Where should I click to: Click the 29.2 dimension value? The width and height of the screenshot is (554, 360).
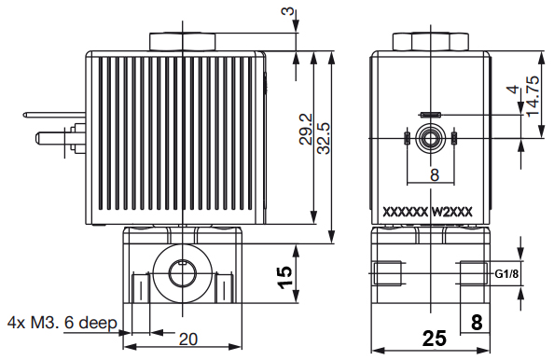coord(306,130)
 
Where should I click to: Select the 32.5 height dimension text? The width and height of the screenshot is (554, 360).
coord(324,138)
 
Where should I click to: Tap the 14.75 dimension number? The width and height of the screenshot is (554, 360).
coord(533,96)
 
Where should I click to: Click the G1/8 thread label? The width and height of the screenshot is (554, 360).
coord(506,274)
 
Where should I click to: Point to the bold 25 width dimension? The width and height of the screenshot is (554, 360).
coord(435,339)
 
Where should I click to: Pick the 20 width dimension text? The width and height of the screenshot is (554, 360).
coord(188,339)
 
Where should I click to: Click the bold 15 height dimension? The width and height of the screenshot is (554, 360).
coord(284,277)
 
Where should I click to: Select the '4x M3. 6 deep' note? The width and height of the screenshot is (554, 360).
coord(62,323)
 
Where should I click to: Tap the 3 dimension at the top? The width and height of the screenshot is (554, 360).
coord(288,11)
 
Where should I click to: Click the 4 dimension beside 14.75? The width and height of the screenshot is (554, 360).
coord(515,89)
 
